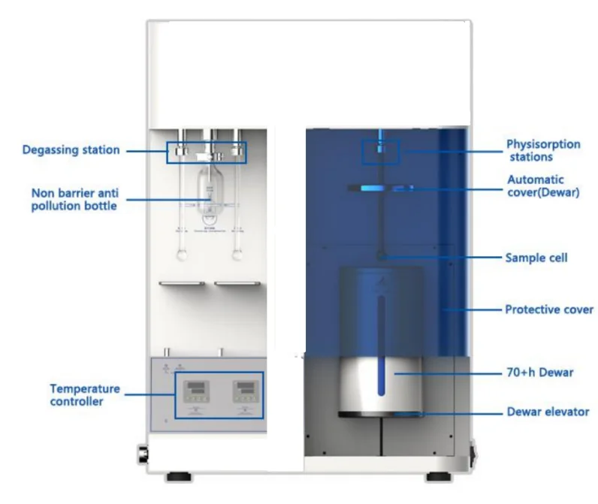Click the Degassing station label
[x=71, y=150]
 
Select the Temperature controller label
[x=85, y=395]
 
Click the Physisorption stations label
[x=543, y=151]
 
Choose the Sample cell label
[x=536, y=258]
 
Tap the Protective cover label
[x=549, y=309]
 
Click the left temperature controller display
[x=195, y=388]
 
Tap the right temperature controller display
[x=246, y=388]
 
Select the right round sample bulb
[x=237, y=255]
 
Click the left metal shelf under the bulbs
[x=181, y=284]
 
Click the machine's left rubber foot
[x=177, y=476]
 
